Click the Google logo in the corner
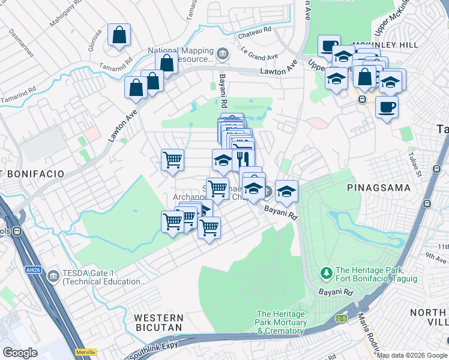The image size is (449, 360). click(20, 353)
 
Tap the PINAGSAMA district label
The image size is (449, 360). click(379, 188)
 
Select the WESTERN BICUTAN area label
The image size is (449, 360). click(158, 323)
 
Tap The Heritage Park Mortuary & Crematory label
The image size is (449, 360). click(282, 323)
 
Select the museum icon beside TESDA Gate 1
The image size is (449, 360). click(53, 276)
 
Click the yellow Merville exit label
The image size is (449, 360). click(86, 352)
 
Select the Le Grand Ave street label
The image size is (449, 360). click(259, 54)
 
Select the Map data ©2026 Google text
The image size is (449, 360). click(412, 355)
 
